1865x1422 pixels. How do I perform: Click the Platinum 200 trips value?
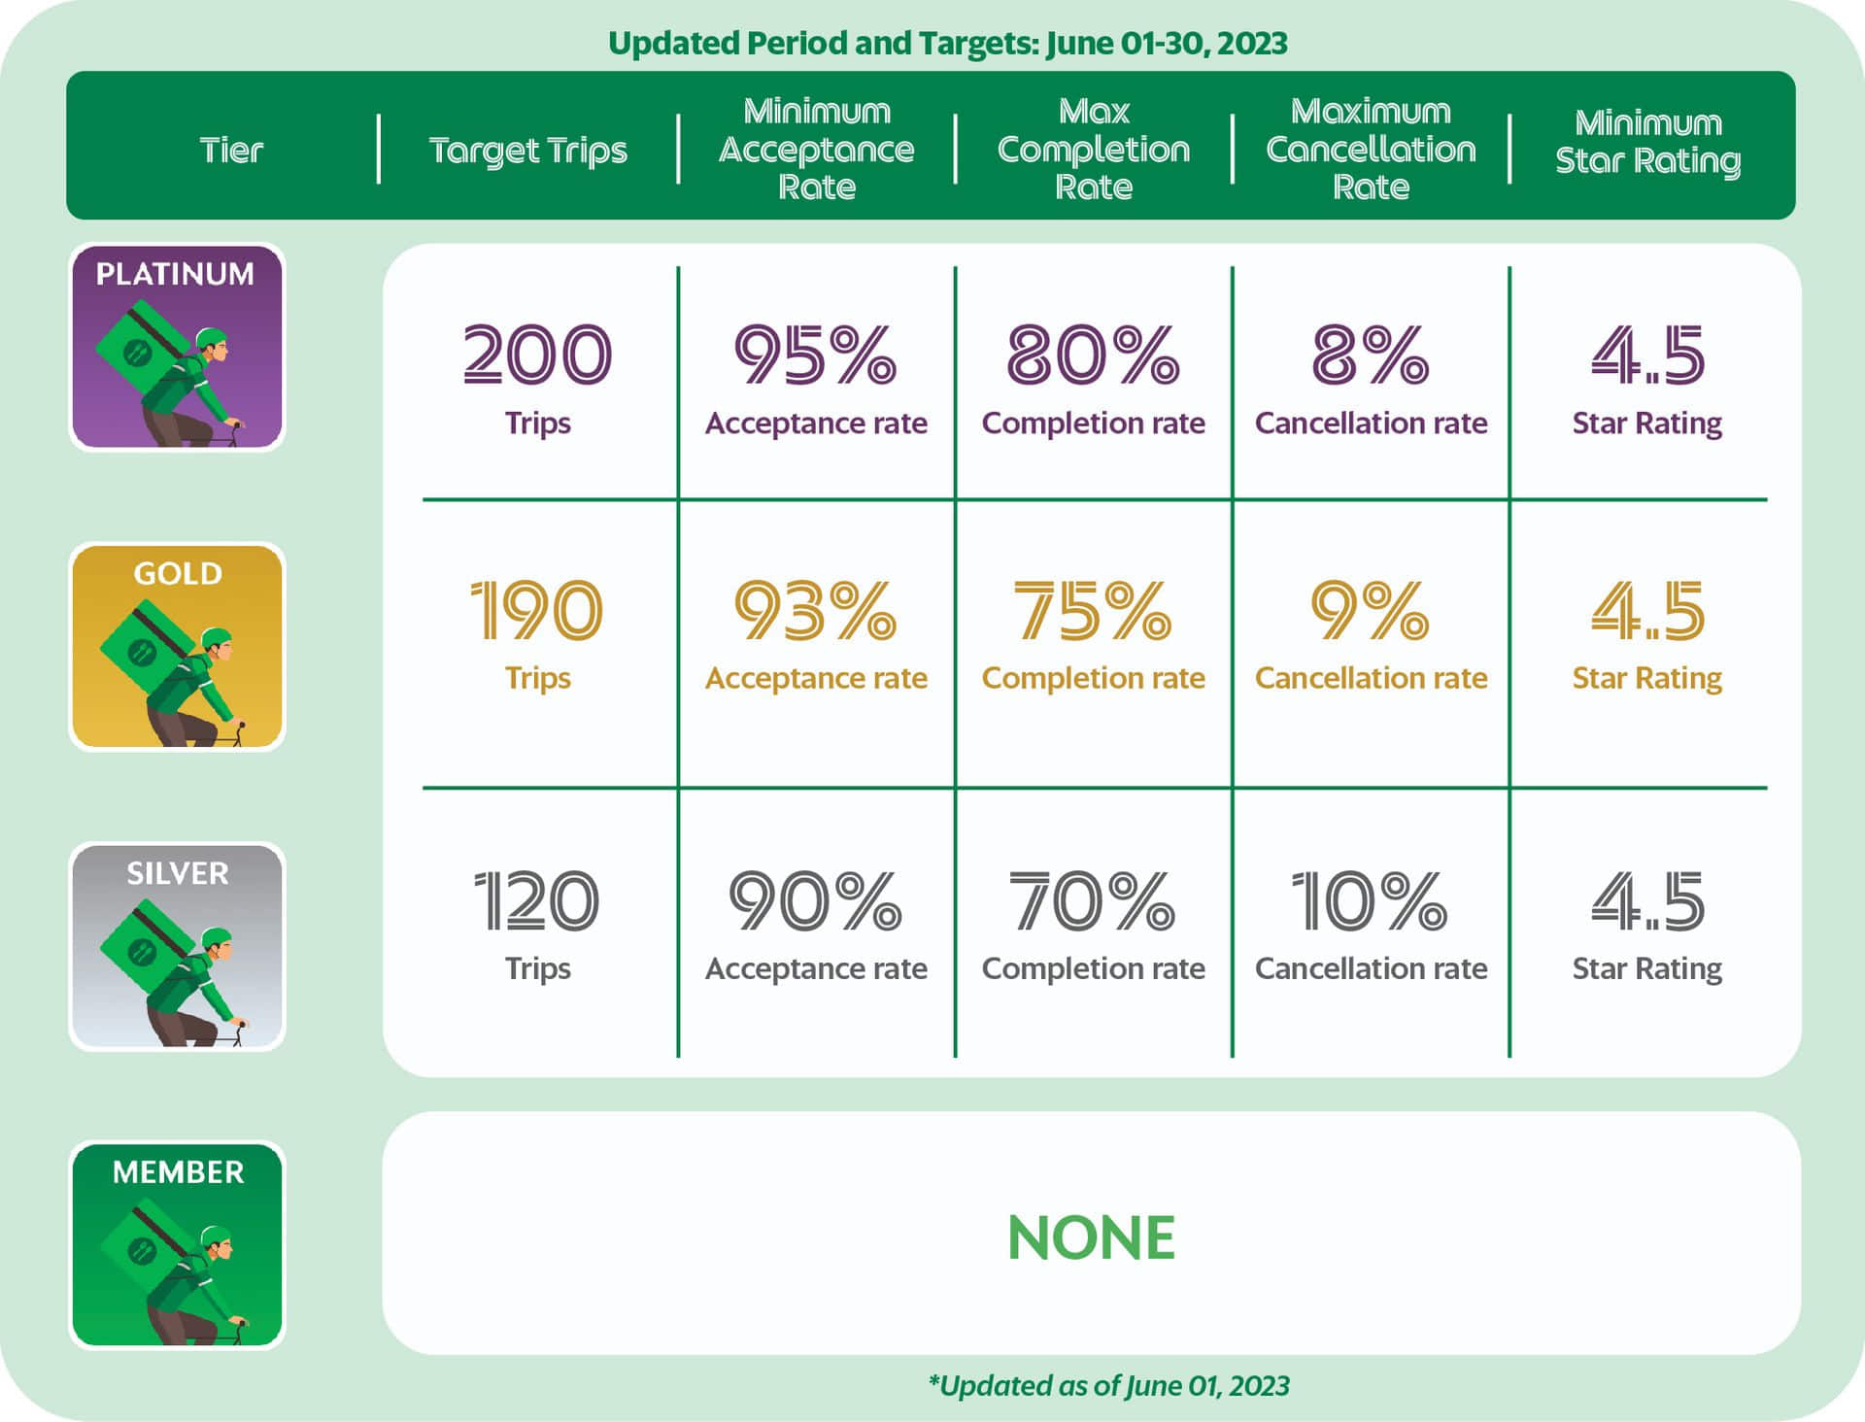click(537, 355)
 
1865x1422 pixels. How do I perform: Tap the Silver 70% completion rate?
click(1093, 900)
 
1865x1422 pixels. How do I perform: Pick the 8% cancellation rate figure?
click(1371, 355)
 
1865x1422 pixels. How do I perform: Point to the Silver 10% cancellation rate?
click(1370, 900)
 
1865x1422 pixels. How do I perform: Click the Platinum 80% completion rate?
click(1093, 355)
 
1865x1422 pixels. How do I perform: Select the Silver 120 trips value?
click(537, 900)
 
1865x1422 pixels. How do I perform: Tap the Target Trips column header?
click(528, 151)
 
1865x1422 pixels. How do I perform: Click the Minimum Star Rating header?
click(1648, 142)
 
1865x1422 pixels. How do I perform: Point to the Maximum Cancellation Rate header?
click(1371, 149)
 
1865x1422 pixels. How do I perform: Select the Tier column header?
click(231, 151)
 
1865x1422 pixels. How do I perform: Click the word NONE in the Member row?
click(1092, 1237)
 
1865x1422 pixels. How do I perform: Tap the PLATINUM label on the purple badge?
click(176, 274)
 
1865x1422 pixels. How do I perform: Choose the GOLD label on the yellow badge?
click(178, 573)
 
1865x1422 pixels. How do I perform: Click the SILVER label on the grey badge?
click(178, 873)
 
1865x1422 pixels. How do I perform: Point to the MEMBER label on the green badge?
click(179, 1172)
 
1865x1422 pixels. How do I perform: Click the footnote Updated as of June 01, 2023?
click(1109, 1385)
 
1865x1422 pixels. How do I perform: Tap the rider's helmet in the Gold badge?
click(217, 637)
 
